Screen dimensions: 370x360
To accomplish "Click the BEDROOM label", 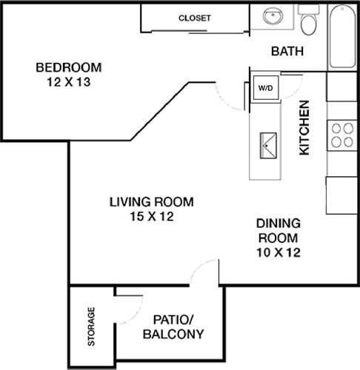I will (x=69, y=68).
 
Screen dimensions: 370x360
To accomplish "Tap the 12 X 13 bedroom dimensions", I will (x=69, y=82).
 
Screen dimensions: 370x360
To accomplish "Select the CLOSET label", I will (x=195, y=18).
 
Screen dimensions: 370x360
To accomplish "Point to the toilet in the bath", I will (x=310, y=22).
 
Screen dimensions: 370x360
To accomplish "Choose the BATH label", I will (x=285, y=52).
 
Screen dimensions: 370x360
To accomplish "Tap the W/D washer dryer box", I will (x=264, y=88).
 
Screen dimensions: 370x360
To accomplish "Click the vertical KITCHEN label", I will (x=304, y=127).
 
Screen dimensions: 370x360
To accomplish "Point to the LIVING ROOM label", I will (x=151, y=201).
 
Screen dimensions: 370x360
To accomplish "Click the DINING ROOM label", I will (x=277, y=231).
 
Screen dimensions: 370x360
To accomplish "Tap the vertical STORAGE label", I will (x=92, y=327).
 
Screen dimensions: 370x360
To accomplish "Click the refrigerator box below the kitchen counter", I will (x=341, y=195).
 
